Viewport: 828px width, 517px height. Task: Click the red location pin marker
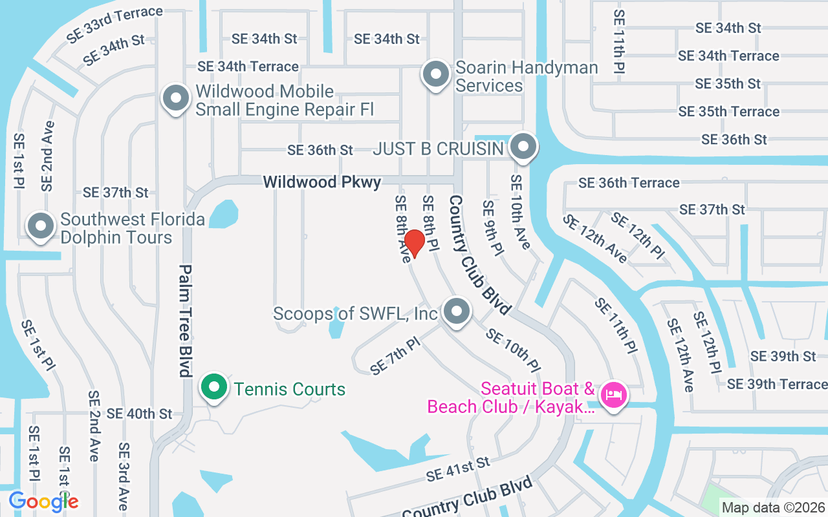tap(414, 243)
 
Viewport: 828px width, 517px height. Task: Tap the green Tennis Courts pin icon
tap(214, 388)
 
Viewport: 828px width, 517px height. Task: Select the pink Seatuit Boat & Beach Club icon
tap(613, 394)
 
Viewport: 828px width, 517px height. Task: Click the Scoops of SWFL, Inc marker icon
tap(457, 311)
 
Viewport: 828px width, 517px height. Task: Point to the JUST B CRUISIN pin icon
tap(523, 147)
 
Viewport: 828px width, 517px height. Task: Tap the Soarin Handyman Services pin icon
tap(436, 74)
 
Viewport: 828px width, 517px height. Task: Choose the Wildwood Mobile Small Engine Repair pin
tap(175, 99)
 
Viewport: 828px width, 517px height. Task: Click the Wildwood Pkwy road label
tap(321, 182)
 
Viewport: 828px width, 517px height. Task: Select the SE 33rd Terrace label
tap(115, 25)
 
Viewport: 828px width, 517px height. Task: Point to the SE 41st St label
tap(458, 469)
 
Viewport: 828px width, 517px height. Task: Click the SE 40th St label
tap(139, 413)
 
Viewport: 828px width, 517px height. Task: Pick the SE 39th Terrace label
tap(777, 384)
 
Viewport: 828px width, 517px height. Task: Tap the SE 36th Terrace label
tap(629, 183)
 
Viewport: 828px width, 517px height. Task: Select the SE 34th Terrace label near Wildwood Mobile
tap(248, 67)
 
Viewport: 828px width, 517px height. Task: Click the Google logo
tap(43, 501)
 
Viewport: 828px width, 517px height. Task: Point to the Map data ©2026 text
tap(773, 507)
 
